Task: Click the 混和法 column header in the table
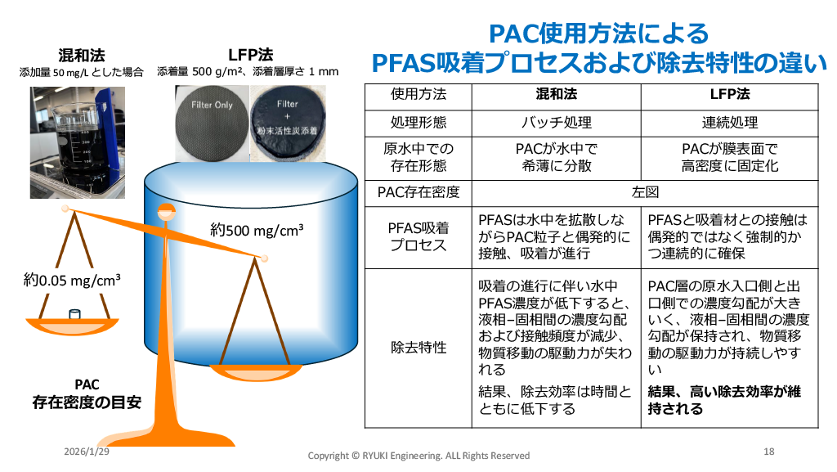(557, 95)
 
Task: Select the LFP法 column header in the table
(729, 95)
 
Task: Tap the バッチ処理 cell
(557, 122)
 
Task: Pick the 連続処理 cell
(729, 122)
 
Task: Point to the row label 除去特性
(418, 347)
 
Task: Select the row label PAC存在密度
(418, 192)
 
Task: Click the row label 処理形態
(418, 122)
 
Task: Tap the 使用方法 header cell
(418, 95)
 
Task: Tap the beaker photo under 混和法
(77, 142)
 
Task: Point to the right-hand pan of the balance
(262, 364)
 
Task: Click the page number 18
(768, 452)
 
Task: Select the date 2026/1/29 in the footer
(87, 451)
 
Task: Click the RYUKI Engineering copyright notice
(418, 455)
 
